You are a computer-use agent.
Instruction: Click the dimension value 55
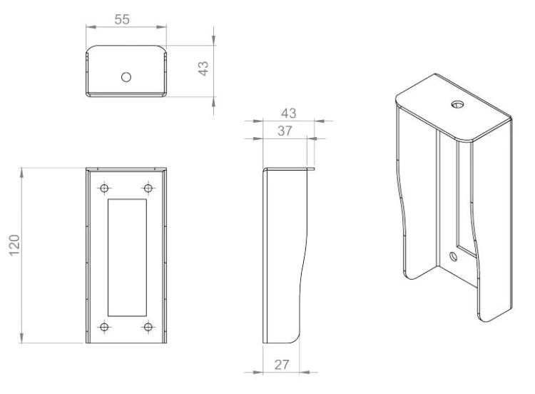[122, 19]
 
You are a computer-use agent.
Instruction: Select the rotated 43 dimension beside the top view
[203, 69]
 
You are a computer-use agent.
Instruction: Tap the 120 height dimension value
[15, 245]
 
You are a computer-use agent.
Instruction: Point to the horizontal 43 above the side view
[289, 113]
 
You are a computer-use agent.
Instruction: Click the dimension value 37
[285, 131]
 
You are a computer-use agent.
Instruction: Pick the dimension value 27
[282, 365]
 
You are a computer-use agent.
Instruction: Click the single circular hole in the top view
[126, 77]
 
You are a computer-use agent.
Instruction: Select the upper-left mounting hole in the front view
[104, 188]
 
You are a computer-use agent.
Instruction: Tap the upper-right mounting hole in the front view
[148, 188]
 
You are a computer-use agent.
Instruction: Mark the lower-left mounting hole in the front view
[104, 327]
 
